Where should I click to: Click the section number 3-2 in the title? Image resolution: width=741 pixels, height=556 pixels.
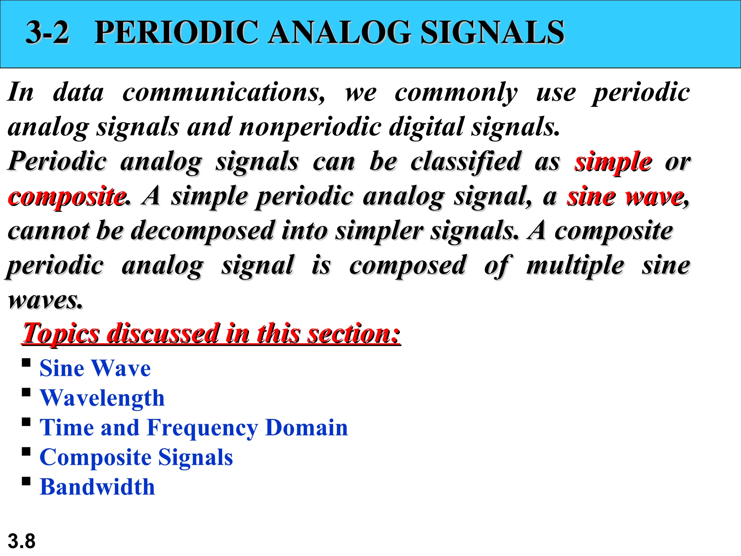tap(47, 33)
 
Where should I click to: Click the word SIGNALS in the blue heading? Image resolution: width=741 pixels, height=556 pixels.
tap(492, 33)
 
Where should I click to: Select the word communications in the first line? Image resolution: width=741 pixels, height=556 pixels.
tap(224, 93)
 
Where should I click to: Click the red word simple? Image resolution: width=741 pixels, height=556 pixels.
tap(613, 162)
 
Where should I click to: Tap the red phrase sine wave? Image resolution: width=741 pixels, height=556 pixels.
tap(625, 197)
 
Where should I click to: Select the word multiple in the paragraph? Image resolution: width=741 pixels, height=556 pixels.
tap(575, 266)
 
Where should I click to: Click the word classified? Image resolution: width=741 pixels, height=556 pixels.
tap(465, 162)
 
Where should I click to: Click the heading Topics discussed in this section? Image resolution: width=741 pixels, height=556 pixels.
tap(211, 333)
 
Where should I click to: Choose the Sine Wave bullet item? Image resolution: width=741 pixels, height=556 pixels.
tap(95, 368)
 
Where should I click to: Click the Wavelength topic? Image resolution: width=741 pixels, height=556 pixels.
tap(102, 398)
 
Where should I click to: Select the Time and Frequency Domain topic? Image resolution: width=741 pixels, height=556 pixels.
tap(194, 428)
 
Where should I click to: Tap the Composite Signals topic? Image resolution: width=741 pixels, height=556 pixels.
tap(136, 458)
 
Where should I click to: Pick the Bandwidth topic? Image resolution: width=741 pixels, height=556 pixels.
tap(97, 487)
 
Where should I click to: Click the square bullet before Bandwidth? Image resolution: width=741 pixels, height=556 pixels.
tap(26, 481)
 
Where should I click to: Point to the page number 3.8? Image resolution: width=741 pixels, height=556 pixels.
tap(21, 542)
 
